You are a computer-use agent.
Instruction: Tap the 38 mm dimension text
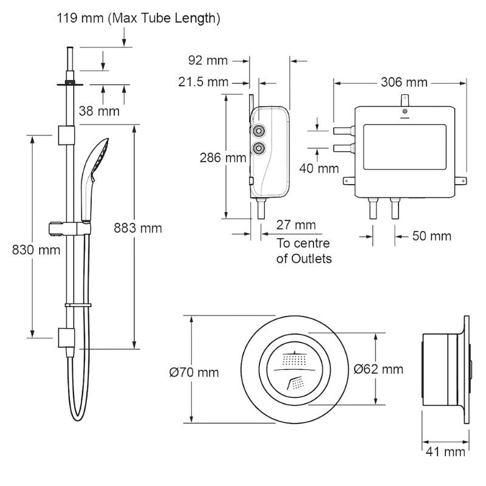coord(99,111)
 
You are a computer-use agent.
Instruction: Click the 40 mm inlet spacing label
coord(319,168)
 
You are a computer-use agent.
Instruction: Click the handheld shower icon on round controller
coord(296,382)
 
